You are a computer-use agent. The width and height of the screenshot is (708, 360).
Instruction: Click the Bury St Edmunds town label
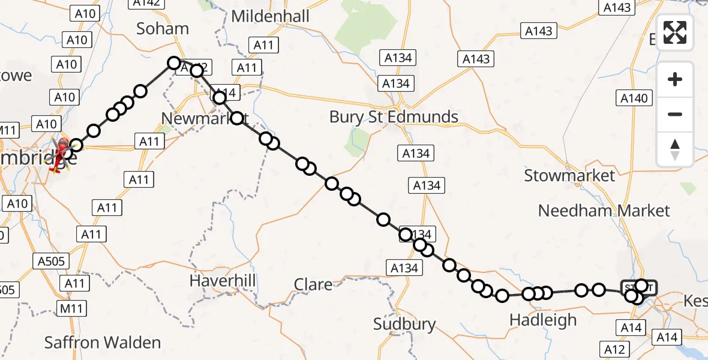(x=394, y=116)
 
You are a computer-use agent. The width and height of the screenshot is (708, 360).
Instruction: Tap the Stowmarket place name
(x=569, y=175)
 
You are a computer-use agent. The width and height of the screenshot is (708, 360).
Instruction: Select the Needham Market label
(x=604, y=211)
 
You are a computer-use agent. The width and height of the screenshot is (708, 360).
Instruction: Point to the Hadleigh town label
(x=542, y=320)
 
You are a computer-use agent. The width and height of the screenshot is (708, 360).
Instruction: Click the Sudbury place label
(x=404, y=324)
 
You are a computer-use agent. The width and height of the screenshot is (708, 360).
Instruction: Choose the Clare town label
(x=313, y=284)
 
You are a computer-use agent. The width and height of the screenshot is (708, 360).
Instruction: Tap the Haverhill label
(x=223, y=280)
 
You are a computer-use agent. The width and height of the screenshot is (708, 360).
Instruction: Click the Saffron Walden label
(x=103, y=343)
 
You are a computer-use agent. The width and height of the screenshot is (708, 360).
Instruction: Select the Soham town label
(x=163, y=28)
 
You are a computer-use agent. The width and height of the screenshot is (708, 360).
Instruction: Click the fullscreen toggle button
(x=675, y=32)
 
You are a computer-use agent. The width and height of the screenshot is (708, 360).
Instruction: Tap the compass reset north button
(x=675, y=149)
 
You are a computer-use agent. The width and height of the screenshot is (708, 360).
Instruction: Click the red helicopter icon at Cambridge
(x=61, y=152)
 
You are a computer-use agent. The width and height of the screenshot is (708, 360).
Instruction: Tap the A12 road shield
(x=615, y=350)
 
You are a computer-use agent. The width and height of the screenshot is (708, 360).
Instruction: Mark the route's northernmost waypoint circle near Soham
(x=174, y=62)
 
